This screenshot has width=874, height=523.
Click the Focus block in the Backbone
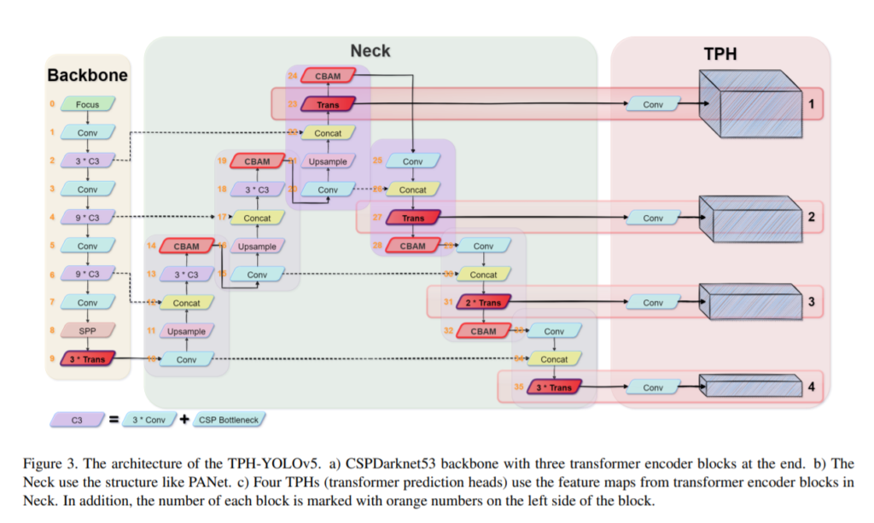pyautogui.click(x=87, y=105)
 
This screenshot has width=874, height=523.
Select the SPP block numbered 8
pyautogui.click(x=87, y=331)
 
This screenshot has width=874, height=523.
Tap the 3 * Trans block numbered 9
pyautogui.click(x=87, y=359)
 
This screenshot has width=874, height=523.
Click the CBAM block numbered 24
pyautogui.click(x=328, y=76)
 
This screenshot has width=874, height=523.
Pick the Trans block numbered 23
pyautogui.click(x=328, y=105)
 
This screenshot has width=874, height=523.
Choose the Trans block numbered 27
pyautogui.click(x=413, y=218)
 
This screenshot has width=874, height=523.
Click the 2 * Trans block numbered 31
pyautogui.click(x=484, y=302)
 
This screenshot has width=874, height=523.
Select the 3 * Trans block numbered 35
pyautogui.click(x=554, y=387)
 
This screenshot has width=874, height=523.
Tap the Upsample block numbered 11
pyautogui.click(x=186, y=331)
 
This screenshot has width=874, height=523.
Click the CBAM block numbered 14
pyautogui.click(x=186, y=247)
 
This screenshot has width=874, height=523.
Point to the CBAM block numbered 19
pyautogui.click(x=257, y=161)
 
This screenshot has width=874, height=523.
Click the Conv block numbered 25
pyautogui.click(x=413, y=161)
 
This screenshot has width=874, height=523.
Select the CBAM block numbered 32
pyautogui.click(x=484, y=331)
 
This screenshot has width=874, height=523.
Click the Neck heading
pyautogui.click(x=370, y=50)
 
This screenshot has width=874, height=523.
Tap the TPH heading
pyautogui.click(x=720, y=55)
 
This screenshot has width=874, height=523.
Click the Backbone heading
pyautogui.click(x=87, y=75)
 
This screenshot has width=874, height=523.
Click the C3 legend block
pyautogui.click(x=77, y=419)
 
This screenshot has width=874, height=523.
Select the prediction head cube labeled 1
pyautogui.click(x=750, y=104)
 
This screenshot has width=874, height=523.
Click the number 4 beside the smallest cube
pyautogui.click(x=811, y=387)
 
